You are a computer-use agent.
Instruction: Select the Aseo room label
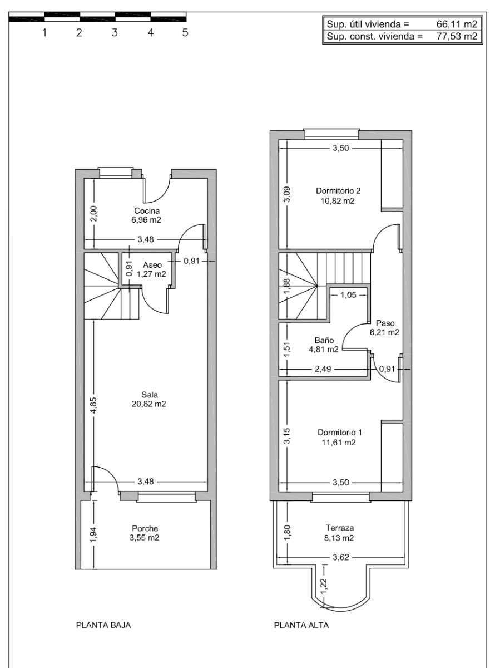click(x=152, y=265)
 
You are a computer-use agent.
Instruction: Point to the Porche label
click(x=146, y=528)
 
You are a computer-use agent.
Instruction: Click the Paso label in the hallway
click(x=385, y=323)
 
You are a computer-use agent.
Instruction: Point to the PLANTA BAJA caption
click(x=103, y=625)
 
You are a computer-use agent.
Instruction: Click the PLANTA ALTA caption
click(x=301, y=625)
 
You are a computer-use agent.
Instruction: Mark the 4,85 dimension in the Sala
click(x=93, y=405)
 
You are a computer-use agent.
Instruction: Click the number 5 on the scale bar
click(x=185, y=33)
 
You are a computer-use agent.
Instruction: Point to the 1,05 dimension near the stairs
click(x=348, y=295)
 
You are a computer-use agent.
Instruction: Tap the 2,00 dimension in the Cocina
click(x=93, y=214)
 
